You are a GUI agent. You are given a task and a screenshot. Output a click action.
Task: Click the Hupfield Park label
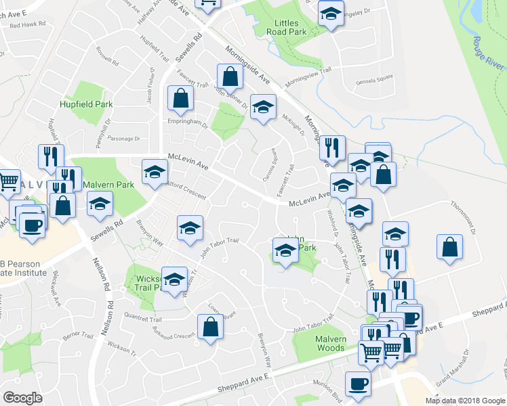[85, 104]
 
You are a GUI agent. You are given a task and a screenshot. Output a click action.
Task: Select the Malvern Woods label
[330, 344]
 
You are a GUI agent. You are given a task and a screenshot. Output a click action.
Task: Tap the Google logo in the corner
[22, 398]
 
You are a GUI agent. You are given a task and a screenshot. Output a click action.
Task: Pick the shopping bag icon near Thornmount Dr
[450, 248]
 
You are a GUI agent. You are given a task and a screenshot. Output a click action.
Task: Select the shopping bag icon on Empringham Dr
[181, 99]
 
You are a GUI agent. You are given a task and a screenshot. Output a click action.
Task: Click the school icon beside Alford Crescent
[155, 173]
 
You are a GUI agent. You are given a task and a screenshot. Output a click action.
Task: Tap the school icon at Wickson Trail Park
[175, 279]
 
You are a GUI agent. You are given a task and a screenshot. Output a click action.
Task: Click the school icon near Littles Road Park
[330, 14]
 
